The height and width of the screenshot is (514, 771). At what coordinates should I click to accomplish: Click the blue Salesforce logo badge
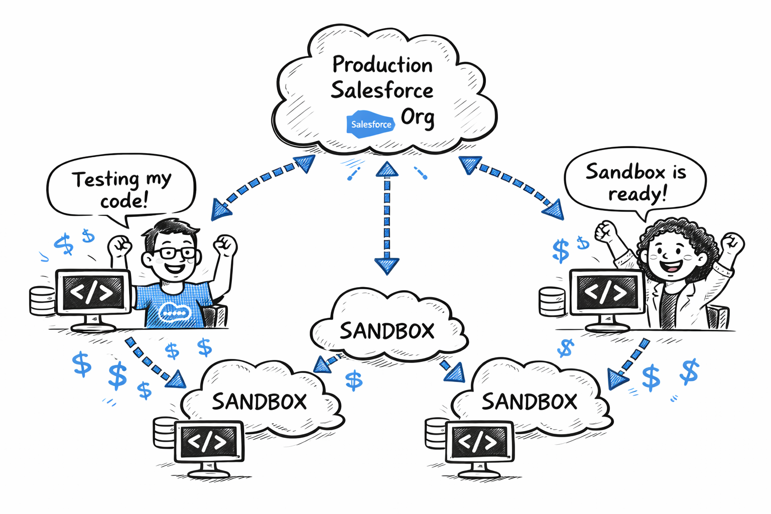[370, 124]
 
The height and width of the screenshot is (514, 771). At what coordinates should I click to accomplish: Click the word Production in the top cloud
[382, 65]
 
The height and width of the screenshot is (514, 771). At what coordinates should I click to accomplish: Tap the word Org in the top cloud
[418, 117]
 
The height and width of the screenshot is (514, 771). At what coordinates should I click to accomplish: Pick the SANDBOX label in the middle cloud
[387, 331]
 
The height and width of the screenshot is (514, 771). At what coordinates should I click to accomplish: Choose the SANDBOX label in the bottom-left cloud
[259, 402]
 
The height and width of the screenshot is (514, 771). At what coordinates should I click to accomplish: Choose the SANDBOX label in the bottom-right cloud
[530, 402]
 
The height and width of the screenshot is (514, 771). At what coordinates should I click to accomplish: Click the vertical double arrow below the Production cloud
[387, 218]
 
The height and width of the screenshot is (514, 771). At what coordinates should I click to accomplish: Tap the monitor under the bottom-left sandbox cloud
[208, 442]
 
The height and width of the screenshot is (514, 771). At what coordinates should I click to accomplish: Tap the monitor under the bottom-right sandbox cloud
[479, 442]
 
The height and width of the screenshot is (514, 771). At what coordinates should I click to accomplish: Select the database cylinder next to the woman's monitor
[552, 301]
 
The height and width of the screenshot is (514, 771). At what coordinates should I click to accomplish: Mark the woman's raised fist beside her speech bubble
[606, 231]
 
